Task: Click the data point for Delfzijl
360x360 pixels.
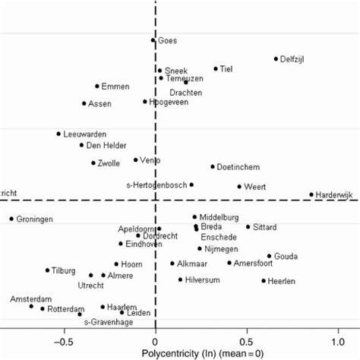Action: click(x=276, y=58)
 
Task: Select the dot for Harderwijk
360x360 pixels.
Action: click(x=311, y=194)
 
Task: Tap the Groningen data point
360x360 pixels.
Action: click(x=11, y=219)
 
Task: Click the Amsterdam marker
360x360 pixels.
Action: click(x=31, y=306)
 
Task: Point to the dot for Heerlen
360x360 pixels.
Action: click(x=264, y=281)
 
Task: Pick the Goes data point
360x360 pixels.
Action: click(x=153, y=40)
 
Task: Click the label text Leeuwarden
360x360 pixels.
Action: click(x=85, y=134)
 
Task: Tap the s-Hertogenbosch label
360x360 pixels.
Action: click(x=156, y=185)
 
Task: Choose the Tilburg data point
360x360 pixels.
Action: click(x=47, y=270)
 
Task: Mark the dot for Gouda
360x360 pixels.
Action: click(x=269, y=256)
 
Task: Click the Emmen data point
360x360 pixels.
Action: click(x=97, y=87)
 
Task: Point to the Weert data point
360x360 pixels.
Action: click(x=239, y=186)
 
